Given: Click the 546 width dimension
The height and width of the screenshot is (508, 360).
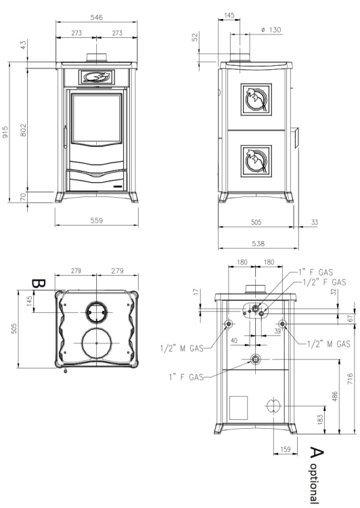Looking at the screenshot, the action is (97, 17).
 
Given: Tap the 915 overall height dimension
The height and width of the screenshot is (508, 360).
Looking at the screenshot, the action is (5, 132).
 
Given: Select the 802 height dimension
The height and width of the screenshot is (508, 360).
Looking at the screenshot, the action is (23, 129).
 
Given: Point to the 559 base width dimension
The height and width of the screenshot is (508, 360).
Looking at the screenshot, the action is (97, 220).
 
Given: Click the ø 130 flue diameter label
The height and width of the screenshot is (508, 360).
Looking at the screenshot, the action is (271, 30).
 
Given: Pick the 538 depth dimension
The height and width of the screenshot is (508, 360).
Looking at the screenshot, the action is (258, 243).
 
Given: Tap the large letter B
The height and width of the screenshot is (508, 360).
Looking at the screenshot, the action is (39, 284).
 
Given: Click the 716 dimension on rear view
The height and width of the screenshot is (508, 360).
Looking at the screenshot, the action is (351, 379).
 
